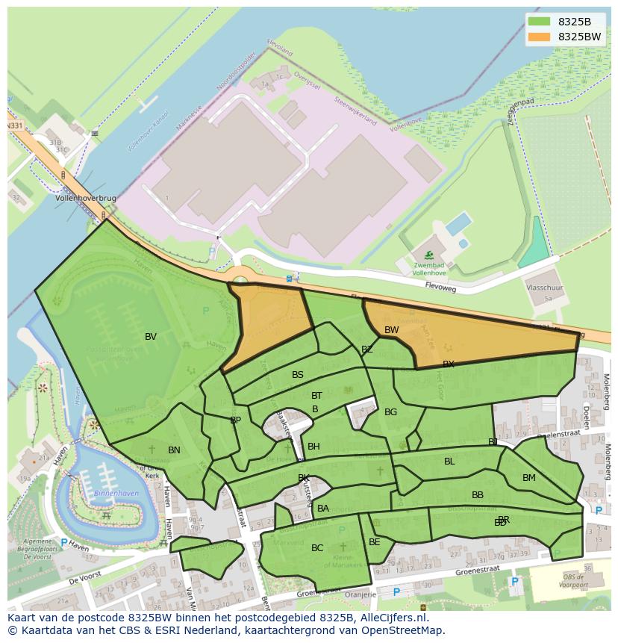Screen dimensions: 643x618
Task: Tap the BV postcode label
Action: (151, 337)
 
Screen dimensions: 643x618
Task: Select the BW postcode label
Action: (391, 329)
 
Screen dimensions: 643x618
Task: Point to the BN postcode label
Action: (174, 450)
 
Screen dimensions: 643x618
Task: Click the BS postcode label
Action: (298, 375)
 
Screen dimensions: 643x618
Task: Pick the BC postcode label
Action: (317, 548)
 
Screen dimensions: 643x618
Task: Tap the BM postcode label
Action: (528, 478)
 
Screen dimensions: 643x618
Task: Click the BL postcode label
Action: (449, 462)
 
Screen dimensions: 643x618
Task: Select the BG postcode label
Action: (390, 412)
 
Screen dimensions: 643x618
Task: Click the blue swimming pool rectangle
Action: (458, 223)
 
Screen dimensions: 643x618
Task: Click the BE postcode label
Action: (374, 542)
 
